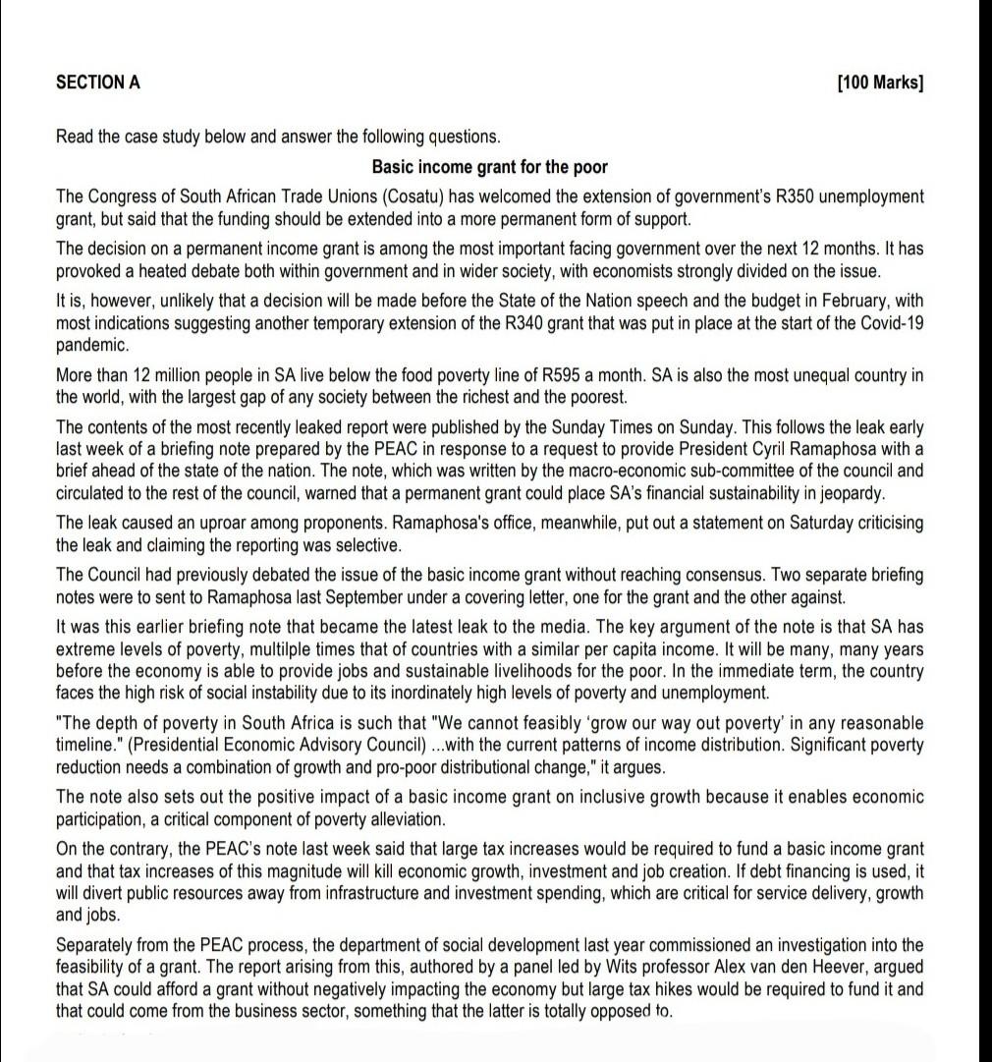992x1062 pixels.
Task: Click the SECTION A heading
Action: click(x=98, y=83)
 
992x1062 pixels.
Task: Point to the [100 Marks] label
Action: click(x=880, y=83)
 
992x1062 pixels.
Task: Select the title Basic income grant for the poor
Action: click(x=489, y=166)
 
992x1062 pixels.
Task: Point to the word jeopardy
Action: click(x=850, y=492)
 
